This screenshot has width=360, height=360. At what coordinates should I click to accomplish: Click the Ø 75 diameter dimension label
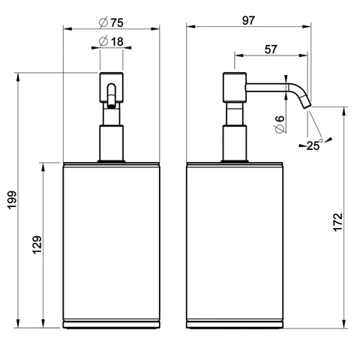point(111,22)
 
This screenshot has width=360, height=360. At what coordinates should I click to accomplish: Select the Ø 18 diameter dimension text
point(111,41)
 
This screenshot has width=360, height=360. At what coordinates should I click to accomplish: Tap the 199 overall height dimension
point(12,200)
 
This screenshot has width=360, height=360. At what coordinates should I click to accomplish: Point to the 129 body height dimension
point(37,244)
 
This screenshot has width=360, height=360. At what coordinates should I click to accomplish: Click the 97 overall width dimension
point(248,20)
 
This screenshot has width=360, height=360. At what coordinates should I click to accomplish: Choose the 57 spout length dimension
point(271,49)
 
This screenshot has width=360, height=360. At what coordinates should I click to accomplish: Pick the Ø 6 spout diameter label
point(280,124)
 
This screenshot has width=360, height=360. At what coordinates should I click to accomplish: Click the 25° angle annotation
point(315,145)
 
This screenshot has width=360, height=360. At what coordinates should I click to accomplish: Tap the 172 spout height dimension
point(337,222)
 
